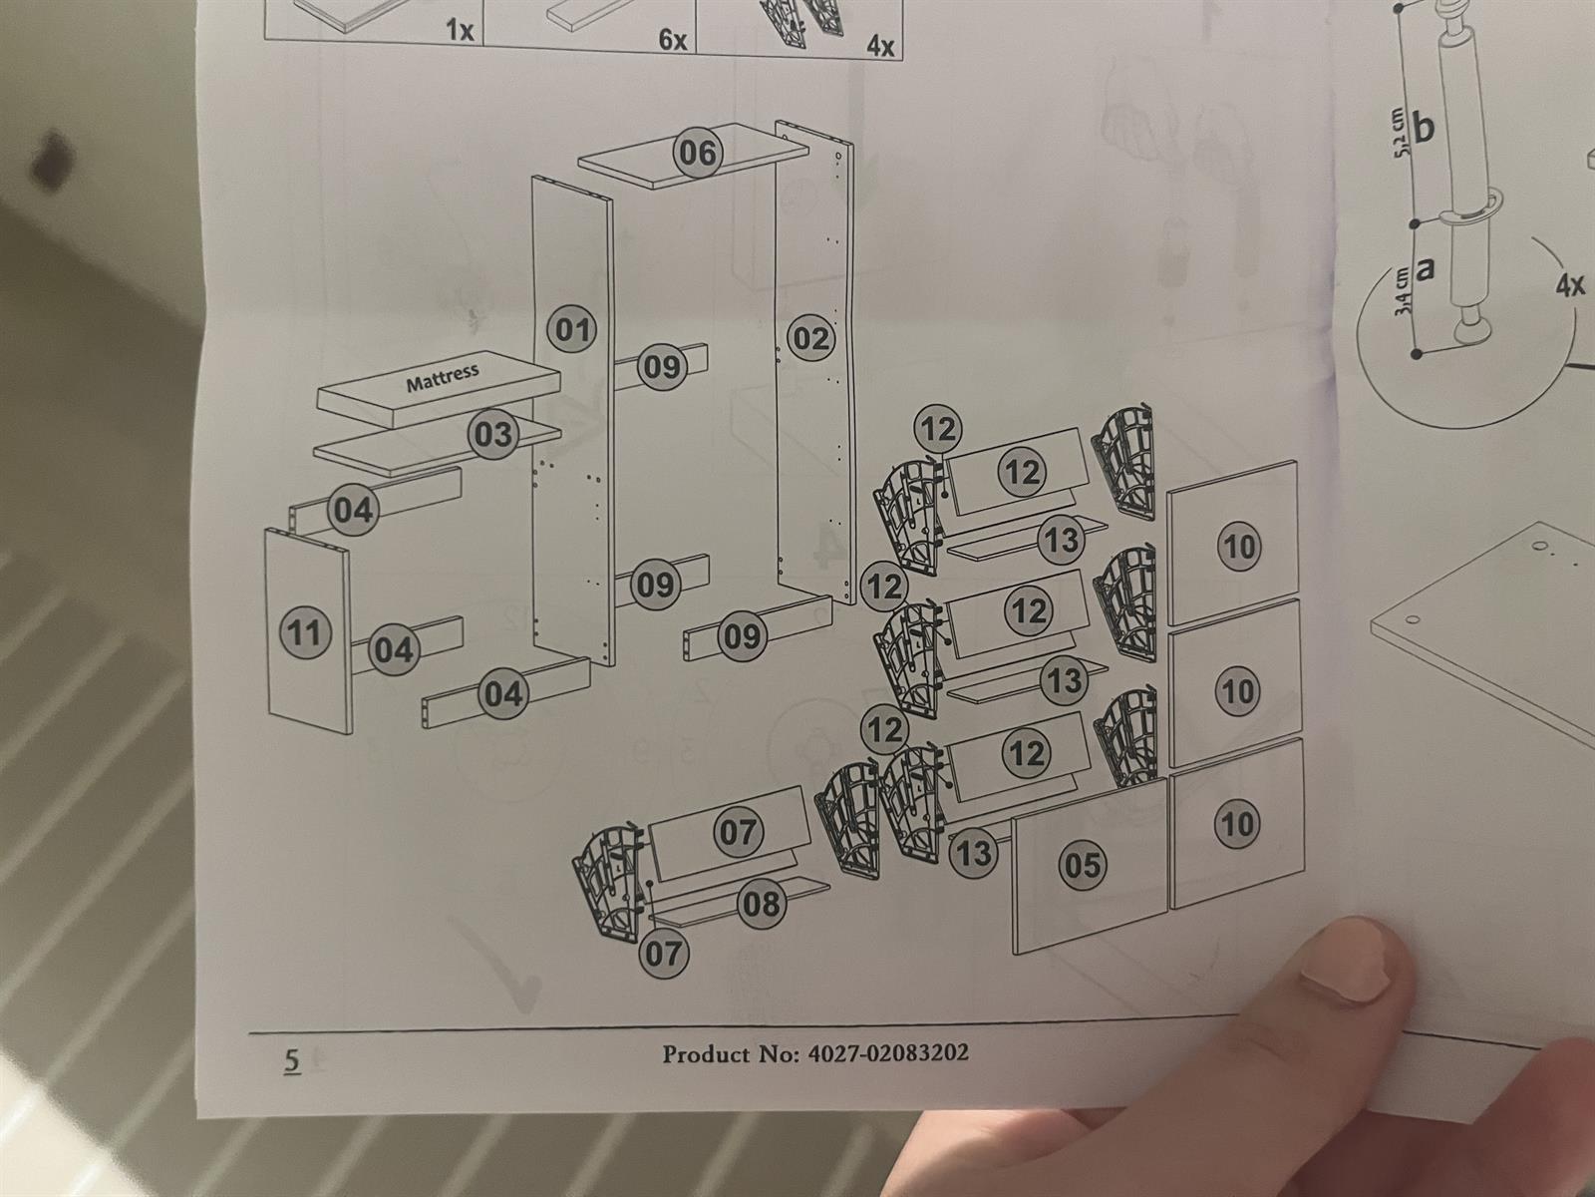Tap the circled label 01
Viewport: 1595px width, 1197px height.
572,329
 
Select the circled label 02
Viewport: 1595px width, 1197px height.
810,339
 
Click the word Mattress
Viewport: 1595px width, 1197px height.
442,378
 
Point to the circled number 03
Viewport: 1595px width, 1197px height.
492,435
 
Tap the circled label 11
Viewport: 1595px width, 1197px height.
305,632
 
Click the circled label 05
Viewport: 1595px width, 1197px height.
1082,864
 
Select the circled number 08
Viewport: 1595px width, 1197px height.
762,904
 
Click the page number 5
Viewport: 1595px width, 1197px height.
291,1061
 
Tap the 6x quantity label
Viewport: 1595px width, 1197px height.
673,40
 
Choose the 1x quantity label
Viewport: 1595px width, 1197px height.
460,31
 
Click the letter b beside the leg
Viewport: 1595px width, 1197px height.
1426,129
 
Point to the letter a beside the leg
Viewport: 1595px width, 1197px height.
1426,269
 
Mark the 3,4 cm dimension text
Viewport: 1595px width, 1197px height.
1405,290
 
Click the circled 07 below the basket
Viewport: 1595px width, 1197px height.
663,954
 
